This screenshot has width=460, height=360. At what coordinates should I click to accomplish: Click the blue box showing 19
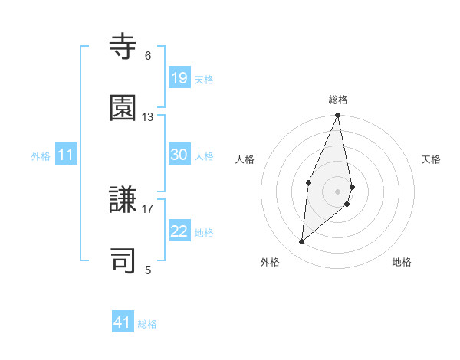(x=179, y=78)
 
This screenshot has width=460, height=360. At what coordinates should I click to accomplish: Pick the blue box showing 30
(x=179, y=155)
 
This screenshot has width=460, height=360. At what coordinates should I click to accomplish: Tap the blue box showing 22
(x=179, y=231)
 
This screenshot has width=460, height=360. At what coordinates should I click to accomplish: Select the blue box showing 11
(x=66, y=155)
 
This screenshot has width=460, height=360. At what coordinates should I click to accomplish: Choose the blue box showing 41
(x=123, y=322)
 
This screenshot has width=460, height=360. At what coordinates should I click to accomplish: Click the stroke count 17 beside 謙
(x=147, y=208)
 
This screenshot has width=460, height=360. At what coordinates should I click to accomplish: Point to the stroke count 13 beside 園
(x=147, y=117)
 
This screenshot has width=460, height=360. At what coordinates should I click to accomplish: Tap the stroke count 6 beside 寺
(x=148, y=56)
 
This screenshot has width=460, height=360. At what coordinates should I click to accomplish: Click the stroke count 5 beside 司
(x=148, y=270)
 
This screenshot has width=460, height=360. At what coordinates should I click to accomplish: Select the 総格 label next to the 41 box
(x=147, y=324)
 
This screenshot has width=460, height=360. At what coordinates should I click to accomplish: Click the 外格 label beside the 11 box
(x=41, y=156)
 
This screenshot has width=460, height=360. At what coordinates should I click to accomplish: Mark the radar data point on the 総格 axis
(x=338, y=116)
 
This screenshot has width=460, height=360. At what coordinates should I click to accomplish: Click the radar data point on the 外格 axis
(x=302, y=242)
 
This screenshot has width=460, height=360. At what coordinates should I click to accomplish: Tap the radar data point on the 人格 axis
(x=308, y=182)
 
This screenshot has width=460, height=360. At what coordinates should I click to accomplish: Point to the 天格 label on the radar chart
(x=432, y=159)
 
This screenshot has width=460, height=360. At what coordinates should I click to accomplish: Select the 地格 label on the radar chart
(x=402, y=262)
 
